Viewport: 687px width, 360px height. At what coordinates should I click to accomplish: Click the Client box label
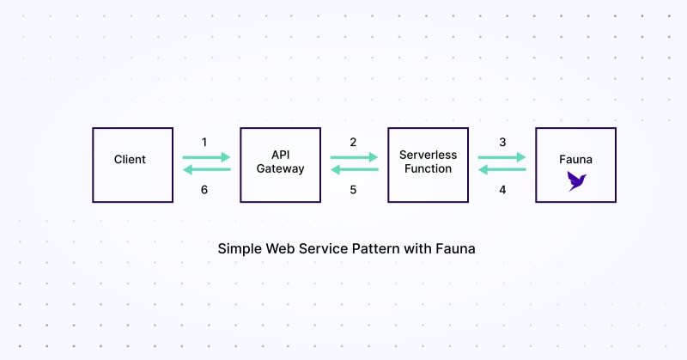130,160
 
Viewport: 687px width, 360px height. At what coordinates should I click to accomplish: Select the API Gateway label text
281,162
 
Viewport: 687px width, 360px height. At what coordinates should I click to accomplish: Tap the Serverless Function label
428,162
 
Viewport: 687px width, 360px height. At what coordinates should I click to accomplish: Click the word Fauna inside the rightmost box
575,160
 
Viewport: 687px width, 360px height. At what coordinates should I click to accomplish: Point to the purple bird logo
576,180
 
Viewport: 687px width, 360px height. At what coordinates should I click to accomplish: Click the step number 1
204,142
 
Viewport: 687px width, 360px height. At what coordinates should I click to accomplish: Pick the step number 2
353,142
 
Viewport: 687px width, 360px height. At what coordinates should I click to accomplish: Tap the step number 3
502,142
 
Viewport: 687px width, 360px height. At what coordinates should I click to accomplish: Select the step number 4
502,190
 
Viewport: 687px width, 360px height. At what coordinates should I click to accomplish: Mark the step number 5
353,190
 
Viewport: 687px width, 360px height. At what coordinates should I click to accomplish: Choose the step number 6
204,190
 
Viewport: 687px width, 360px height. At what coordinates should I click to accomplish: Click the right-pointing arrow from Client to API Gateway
206,157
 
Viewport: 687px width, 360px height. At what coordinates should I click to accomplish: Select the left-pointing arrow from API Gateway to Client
206,169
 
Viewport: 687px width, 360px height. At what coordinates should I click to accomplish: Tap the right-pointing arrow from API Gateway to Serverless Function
354,157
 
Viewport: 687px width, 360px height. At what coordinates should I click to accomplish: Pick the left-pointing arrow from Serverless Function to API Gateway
354,169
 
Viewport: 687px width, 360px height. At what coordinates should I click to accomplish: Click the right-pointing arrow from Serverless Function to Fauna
502,157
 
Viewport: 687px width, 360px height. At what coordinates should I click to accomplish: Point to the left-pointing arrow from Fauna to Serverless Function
502,169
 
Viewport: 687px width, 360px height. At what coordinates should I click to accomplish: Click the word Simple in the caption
240,249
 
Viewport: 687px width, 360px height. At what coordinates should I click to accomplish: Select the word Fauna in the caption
455,248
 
